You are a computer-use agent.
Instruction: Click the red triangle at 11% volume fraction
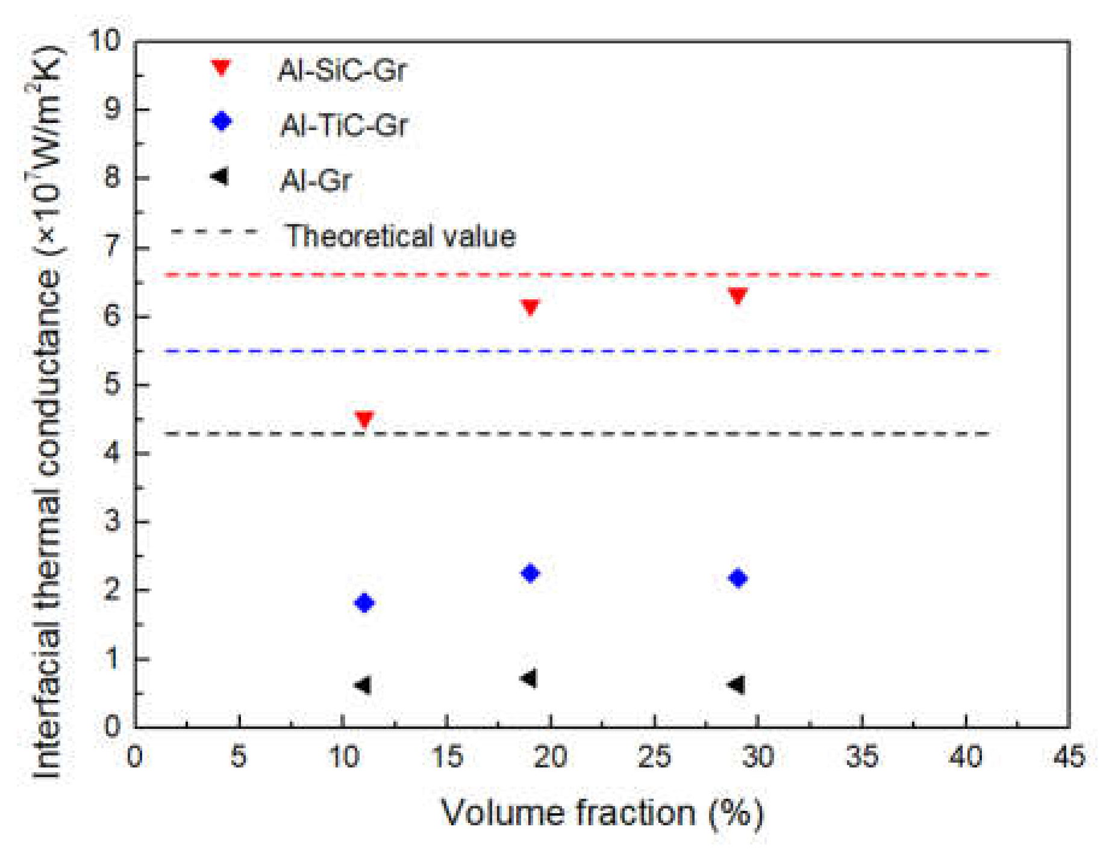364,419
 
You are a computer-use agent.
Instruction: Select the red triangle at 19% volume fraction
530,307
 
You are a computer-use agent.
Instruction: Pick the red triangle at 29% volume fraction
738,295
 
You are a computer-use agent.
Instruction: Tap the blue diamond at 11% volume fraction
364,602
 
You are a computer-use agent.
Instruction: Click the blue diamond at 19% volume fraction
530,573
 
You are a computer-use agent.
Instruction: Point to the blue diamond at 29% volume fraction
738,578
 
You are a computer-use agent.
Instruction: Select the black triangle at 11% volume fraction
363,685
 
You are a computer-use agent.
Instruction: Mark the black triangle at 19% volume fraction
529,678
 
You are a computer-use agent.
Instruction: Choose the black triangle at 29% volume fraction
737,684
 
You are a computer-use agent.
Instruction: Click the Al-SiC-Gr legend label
342,70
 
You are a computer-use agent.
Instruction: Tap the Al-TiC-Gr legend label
344,126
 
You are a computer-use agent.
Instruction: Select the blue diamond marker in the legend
222,121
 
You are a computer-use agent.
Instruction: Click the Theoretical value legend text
401,236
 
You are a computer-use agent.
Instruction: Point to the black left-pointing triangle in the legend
220,177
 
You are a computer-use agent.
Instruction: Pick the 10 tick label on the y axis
105,41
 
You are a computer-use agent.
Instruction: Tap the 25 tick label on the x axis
654,757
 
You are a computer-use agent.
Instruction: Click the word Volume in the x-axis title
503,813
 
